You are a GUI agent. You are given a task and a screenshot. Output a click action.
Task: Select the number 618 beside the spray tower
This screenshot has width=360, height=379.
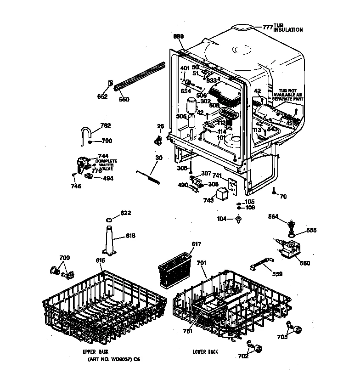130,237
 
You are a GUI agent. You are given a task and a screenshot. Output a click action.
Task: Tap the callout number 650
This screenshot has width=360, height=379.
124,99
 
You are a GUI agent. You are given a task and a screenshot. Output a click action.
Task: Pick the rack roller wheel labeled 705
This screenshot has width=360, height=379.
298,329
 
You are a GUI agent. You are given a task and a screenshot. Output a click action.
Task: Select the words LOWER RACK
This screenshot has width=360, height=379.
206,352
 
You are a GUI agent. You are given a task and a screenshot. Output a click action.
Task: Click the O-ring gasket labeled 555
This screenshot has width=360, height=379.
291,237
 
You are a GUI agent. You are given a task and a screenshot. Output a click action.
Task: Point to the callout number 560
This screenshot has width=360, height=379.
304,263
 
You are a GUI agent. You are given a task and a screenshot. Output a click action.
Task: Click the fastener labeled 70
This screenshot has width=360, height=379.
274,192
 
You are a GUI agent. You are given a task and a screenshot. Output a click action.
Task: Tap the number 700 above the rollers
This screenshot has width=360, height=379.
65,258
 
